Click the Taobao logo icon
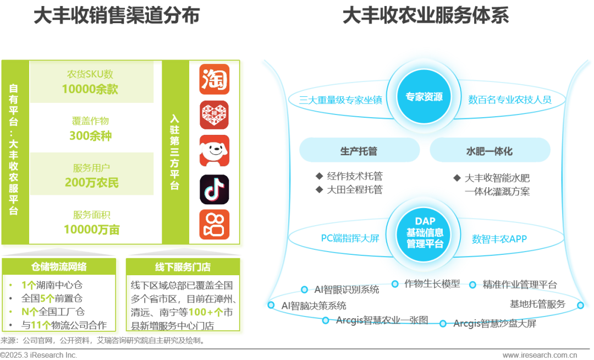(215, 80)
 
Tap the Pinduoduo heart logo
(215, 115)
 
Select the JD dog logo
(215, 150)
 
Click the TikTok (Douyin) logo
(215, 189)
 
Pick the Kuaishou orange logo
(215, 224)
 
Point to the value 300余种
(90, 135)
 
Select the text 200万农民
(91, 182)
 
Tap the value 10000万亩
(91, 229)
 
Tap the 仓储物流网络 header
(59, 267)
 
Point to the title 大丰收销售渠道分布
(116, 16)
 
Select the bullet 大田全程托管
(354, 189)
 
